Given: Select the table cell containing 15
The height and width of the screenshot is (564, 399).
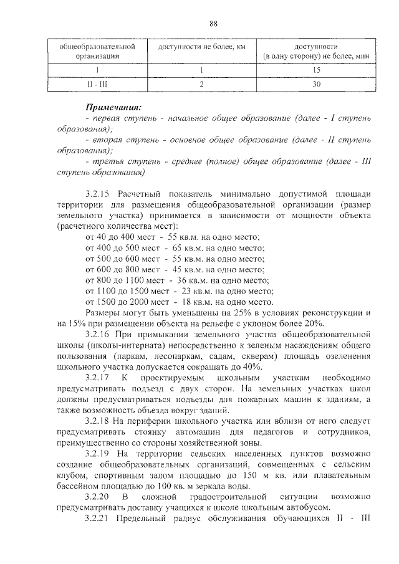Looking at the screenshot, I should (x=316, y=70).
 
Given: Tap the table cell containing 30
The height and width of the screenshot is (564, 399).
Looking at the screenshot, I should (x=316, y=84).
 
